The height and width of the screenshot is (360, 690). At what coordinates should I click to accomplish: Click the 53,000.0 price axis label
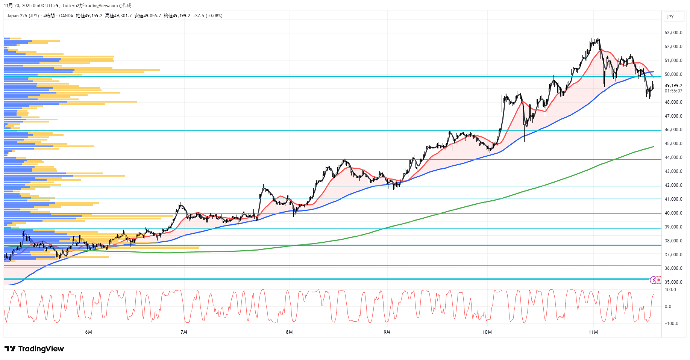pyautogui.click(x=673, y=33)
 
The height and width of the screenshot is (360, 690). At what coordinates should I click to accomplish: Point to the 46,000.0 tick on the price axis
pyautogui.click(x=673, y=130)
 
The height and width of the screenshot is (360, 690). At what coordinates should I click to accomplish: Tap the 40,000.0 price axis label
pyautogui.click(x=673, y=213)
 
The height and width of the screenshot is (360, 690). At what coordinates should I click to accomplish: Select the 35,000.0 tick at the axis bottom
pyautogui.click(x=673, y=282)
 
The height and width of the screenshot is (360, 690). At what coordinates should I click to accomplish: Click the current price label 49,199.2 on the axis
pyautogui.click(x=673, y=86)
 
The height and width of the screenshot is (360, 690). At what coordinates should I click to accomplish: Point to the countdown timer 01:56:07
pyautogui.click(x=673, y=91)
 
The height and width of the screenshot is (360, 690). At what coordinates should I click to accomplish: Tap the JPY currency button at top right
pyautogui.click(x=670, y=17)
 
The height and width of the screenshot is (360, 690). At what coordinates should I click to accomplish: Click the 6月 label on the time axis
pyautogui.click(x=89, y=332)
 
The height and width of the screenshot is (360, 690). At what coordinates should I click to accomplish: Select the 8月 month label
pyautogui.click(x=289, y=332)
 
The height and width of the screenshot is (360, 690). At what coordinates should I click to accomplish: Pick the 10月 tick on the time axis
pyautogui.click(x=487, y=332)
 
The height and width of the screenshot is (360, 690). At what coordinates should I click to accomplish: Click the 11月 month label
pyautogui.click(x=593, y=332)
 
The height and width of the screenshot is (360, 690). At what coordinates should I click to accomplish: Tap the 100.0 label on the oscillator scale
pyautogui.click(x=670, y=290)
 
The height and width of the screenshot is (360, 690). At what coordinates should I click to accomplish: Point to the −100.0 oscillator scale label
pyautogui.click(x=671, y=324)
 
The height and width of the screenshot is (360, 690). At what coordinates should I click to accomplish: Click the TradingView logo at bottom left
pyautogui.click(x=34, y=349)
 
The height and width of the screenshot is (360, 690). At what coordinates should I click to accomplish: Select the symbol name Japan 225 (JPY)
pyautogui.click(x=23, y=16)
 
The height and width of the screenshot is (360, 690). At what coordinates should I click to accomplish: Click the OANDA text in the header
pyautogui.click(x=66, y=16)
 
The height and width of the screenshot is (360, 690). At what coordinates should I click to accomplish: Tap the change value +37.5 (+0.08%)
pyautogui.click(x=208, y=16)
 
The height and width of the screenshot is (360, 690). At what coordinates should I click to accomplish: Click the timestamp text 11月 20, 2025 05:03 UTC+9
pyautogui.click(x=32, y=6)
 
